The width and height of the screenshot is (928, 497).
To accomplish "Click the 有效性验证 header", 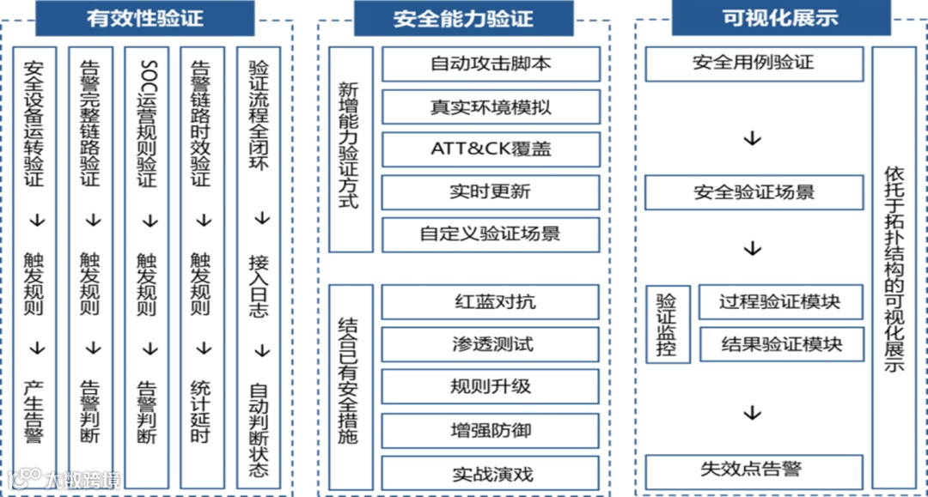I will tap(144, 18).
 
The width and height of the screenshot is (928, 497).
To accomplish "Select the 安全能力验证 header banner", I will tap(463, 18).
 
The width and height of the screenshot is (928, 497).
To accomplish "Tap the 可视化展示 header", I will tap(780, 18).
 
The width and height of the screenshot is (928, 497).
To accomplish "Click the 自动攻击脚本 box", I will tap(491, 64).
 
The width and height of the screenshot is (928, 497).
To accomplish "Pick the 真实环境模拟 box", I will tap(491, 107).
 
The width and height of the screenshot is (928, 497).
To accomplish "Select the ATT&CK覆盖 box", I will tap(491, 149).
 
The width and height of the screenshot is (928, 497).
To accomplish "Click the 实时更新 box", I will tap(491, 191).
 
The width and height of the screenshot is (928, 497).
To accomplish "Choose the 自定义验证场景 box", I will tap(491, 233).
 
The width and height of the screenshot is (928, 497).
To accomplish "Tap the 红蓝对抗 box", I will tap(491, 302).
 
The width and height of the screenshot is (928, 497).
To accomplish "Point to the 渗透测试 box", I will tap(491, 344).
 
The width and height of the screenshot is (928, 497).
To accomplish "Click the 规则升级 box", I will tap(491, 386).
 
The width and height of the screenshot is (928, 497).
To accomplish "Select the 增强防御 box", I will tap(491, 429).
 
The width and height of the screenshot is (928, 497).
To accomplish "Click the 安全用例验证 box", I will tap(754, 64).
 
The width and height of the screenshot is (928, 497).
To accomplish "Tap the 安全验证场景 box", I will tap(754, 192).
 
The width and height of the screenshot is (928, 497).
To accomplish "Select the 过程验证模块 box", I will tap(780, 302).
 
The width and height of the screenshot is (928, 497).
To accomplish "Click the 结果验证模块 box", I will tap(780, 344).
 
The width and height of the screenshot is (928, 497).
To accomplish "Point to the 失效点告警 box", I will tap(754, 470).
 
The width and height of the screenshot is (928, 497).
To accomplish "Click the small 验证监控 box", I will tap(667, 325).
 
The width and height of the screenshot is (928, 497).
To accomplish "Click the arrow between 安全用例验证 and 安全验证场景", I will tap(753, 138).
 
